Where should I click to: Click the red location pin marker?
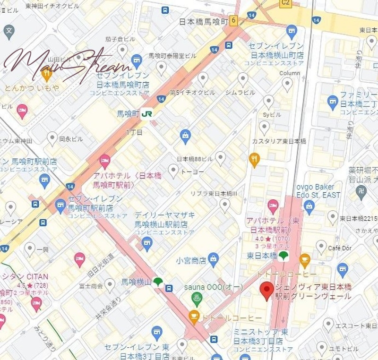point(267,291)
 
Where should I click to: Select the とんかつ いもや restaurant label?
point(32,88)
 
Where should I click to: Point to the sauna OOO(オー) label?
point(214,287)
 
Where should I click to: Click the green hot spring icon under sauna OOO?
point(195,299)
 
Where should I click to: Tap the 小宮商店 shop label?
point(191,260)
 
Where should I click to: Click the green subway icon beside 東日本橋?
point(283,256)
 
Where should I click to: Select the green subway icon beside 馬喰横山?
point(157,282)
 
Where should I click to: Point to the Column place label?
point(290,73)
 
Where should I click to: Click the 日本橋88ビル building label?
point(195,159)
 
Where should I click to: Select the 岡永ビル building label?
point(71,139)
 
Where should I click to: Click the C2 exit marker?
point(285,3)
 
